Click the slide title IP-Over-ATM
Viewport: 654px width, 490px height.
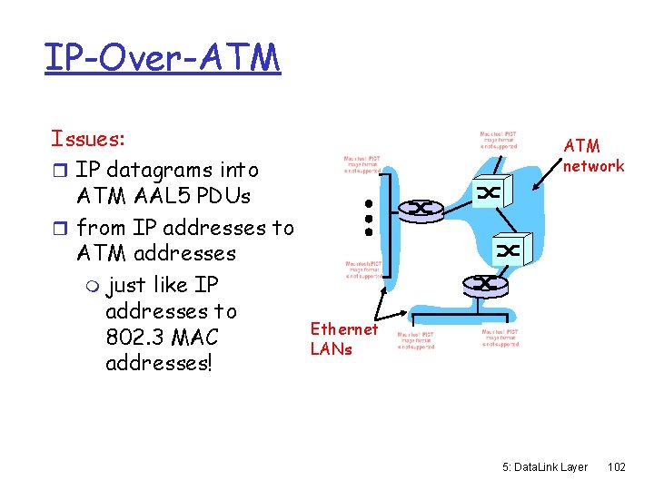tap(163, 57)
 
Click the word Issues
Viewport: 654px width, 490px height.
tap(88, 139)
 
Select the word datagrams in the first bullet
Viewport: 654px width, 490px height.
tap(169, 170)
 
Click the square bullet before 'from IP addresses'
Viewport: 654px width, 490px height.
tap(61, 227)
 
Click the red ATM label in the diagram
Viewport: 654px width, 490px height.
tap(581, 145)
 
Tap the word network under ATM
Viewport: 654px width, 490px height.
tap(593, 165)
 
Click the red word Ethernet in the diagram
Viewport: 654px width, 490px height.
tap(343, 329)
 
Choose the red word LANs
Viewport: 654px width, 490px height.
tap(331, 348)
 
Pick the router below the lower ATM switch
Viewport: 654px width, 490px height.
tap(486, 283)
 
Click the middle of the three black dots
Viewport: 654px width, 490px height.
tap(370, 218)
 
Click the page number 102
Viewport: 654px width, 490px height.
tap(617, 466)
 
